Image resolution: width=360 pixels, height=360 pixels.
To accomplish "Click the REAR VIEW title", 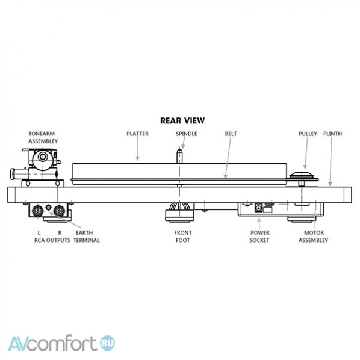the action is [182, 121].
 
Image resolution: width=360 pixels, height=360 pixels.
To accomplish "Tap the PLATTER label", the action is [137, 134].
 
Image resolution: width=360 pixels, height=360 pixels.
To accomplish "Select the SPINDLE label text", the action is [187, 134].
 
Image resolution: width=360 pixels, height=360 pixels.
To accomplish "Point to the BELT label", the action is [231, 134].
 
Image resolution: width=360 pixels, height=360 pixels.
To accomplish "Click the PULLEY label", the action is [308, 134].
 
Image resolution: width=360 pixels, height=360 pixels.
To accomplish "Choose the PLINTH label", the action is [333, 134].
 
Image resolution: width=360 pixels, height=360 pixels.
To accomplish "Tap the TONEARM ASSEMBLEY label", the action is [43, 137].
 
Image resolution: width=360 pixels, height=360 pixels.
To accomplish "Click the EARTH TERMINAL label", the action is [86, 237].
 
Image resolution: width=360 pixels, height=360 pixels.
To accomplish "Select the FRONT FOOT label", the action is [183, 237].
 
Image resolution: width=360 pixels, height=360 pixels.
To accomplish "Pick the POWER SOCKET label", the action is [259, 237].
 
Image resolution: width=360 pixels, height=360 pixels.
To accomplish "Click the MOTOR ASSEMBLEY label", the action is [314, 237].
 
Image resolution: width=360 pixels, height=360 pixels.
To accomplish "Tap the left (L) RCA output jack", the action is [38, 211].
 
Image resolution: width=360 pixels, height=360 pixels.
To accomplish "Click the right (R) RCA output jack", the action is [59, 211].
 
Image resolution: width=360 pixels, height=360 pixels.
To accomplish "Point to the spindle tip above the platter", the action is [179, 151].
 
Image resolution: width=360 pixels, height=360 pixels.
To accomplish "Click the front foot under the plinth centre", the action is [180, 213].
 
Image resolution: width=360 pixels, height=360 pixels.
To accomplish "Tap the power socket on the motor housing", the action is [259, 208].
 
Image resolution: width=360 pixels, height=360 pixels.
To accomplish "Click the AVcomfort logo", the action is [61, 344].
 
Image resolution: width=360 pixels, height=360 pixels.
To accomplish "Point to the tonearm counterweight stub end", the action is [12, 174].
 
